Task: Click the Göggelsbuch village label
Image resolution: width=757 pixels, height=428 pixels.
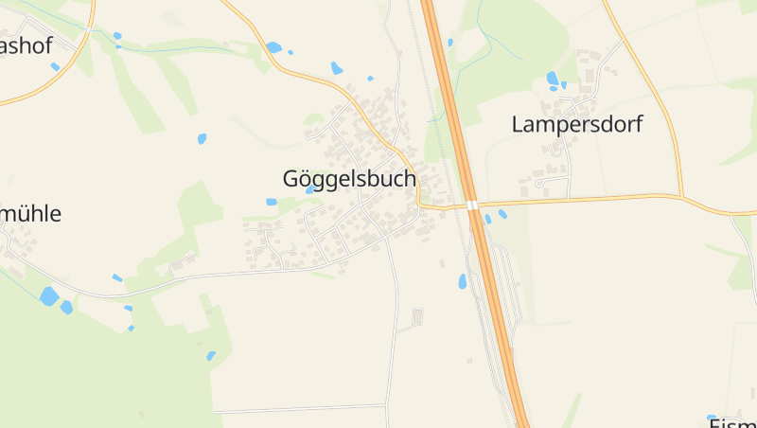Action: pyautogui.click(x=349, y=178)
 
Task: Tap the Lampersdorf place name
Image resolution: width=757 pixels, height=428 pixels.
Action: pyautogui.click(x=576, y=124)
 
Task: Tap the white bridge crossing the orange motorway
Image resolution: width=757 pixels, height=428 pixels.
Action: pyautogui.click(x=471, y=205)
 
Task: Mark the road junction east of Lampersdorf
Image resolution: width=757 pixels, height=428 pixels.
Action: pyautogui.click(x=682, y=197)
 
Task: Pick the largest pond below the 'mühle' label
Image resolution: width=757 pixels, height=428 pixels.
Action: pyautogui.click(x=48, y=296)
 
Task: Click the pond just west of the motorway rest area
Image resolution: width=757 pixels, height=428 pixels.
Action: pyautogui.click(x=463, y=281)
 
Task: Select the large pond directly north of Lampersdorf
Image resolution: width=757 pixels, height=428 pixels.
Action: pyautogui.click(x=552, y=78)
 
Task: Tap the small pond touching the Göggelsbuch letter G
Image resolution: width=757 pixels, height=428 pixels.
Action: pyautogui.click(x=310, y=189)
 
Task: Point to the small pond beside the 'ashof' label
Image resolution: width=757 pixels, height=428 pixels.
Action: pyautogui.click(x=55, y=66)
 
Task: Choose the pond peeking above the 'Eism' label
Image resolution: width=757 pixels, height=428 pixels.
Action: pyautogui.click(x=713, y=417)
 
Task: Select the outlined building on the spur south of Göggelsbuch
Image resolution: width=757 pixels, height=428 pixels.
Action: pyautogui.click(x=418, y=316)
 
